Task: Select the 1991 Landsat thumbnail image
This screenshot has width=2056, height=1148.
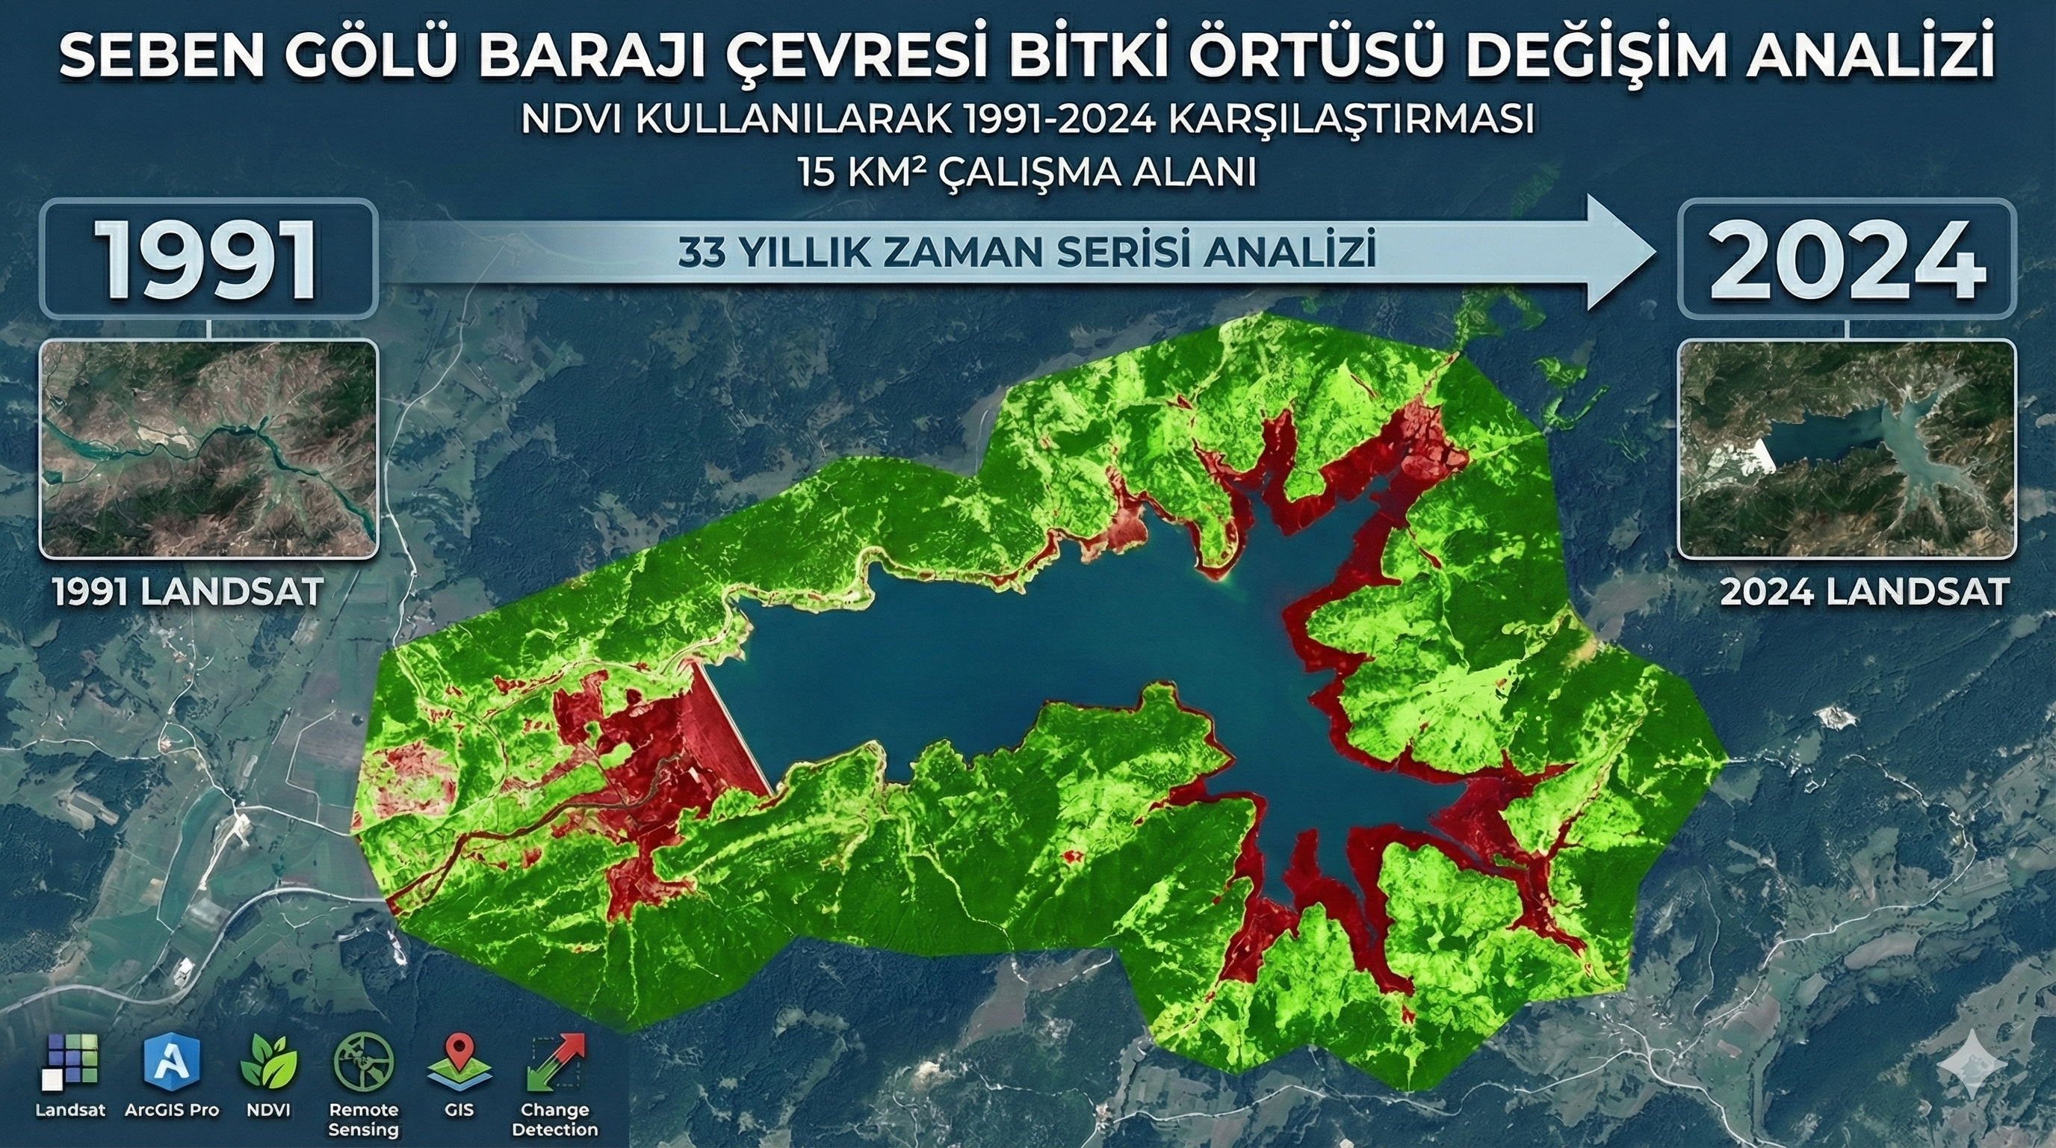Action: [x=208, y=448]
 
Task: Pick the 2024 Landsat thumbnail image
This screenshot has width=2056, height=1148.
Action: [x=1847, y=448]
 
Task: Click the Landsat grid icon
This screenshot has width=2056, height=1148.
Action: [x=70, y=1062]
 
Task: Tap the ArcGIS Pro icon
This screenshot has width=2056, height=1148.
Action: [x=172, y=1062]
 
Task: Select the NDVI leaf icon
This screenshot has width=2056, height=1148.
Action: [x=268, y=1062]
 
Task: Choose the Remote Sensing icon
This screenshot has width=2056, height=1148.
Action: [x=363, y=1062]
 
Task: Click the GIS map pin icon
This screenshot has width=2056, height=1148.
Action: [x=459, y=1062]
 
